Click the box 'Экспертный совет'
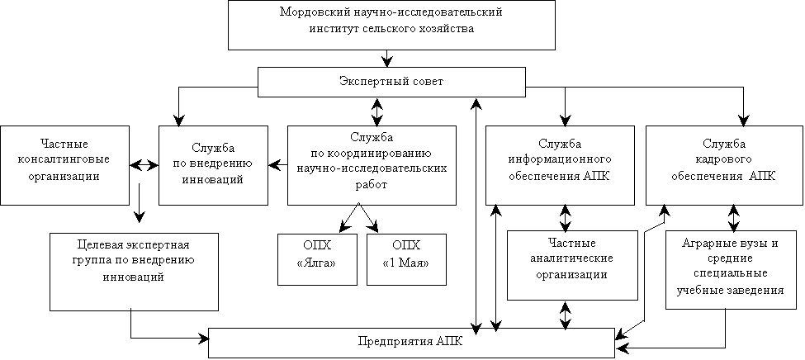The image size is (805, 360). (x=391, y=83)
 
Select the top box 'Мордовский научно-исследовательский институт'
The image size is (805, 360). (x=391, y=25)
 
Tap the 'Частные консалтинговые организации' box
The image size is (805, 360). (x=64, y=164)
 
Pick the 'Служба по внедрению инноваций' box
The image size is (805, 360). (x=213, y=164)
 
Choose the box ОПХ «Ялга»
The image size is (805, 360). (x=316, y=259)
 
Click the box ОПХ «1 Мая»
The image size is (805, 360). (x=406, y=259)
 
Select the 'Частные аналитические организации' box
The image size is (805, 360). (x=571, y=265)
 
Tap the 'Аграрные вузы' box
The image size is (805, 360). (x=730, y=270)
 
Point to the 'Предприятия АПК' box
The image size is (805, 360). (x=411, y=343)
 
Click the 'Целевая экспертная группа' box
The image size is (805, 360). (x=134, y=271)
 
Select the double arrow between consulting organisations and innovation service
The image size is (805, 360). (x=144, y=165)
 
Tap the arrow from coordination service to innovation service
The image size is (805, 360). (x=277, y=165)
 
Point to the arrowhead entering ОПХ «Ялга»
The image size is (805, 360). (x=343, y=226)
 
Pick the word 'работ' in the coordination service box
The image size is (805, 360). (x=372, y=186)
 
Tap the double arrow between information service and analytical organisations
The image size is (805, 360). (x=566, y=217)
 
